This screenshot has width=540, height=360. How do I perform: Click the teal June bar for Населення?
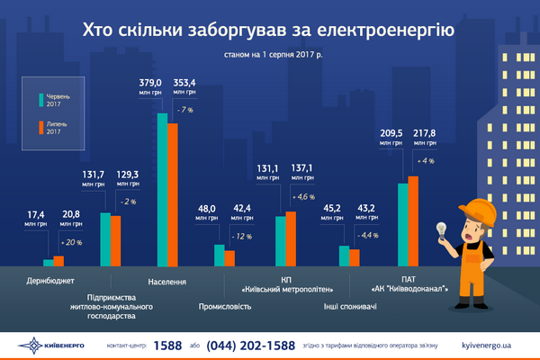click(163, 189)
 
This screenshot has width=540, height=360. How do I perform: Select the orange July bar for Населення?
click(174, 194)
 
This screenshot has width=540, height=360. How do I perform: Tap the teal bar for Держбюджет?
click(49, 262)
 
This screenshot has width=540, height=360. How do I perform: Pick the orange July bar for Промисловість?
click(229, 258)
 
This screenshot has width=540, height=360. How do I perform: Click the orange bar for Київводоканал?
click(413, 221)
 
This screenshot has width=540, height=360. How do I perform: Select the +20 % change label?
click(71, 243)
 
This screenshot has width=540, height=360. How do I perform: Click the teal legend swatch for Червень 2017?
click(41, 101)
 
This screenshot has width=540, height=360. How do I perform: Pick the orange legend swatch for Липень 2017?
click(41, 128)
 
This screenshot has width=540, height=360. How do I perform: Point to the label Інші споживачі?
click(351, 306)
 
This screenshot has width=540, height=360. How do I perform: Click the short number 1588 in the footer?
click(167, 346)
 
